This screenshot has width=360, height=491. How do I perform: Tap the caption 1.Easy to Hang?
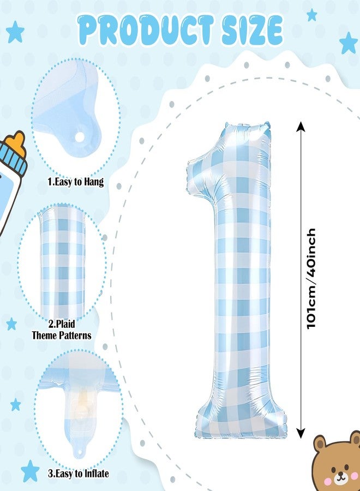pos(75,182)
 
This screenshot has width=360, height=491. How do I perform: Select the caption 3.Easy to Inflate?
pos(78,473)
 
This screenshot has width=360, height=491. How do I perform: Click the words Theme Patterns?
pos(62,336)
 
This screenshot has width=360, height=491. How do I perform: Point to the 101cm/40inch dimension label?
pos(311,278)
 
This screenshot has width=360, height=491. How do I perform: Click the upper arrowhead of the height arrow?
pos(301,126)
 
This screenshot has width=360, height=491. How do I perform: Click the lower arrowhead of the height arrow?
pos(301,433)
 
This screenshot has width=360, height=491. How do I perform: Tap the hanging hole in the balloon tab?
pos(80,136)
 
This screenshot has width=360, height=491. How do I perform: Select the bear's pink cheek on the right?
pos(355,476)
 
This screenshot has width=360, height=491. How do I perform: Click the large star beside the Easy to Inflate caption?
pos(30,471)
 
